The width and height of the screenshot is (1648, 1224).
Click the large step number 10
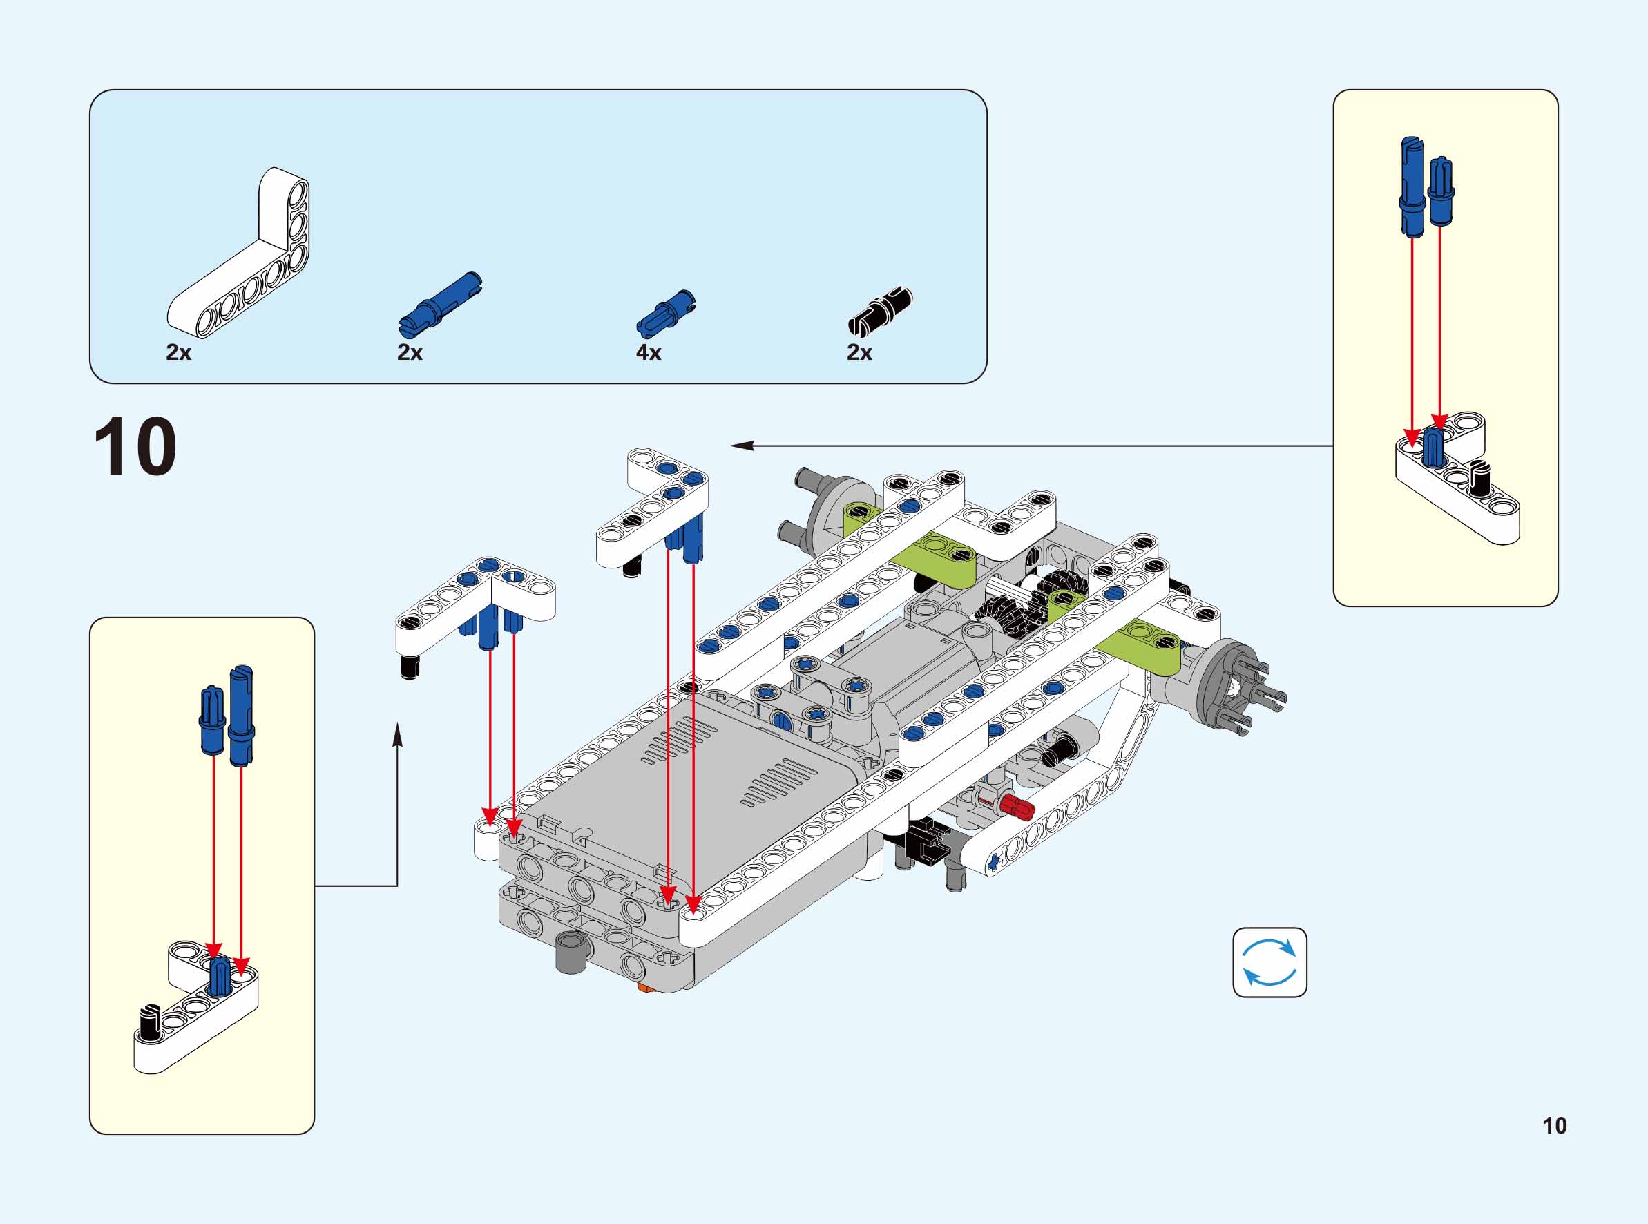tap(135, 447)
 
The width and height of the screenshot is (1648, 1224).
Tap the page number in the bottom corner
tap(1554, 1125)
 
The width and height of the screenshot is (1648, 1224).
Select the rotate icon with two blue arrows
tap(1269, 962)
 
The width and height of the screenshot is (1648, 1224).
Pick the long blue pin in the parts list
tap(440, 304)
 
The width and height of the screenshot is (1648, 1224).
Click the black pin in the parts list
tap(880, 312)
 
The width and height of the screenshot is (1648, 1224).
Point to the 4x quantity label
tap(648, 353)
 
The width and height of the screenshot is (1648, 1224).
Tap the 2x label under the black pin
tap(859, 353)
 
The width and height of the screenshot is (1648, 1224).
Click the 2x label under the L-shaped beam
tap(178, 353)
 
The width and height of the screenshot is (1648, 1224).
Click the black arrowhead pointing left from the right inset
tap(741, 446)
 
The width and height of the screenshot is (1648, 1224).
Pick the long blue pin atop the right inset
tap(1412, 185)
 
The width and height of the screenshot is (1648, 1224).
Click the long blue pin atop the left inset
tap(242, 715)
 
